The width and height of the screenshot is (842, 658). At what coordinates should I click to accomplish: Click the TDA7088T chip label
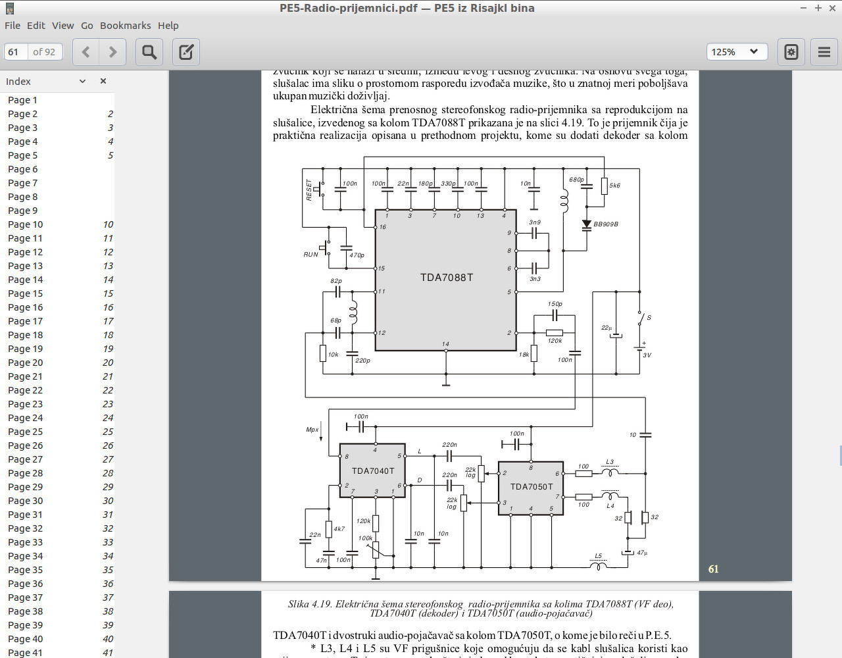click(447, 278)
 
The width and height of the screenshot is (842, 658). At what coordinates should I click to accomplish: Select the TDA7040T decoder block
click(372, 471)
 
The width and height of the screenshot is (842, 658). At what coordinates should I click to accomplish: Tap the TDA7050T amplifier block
click(531, 487)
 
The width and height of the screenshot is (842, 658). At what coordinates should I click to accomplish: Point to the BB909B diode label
click(606, 224)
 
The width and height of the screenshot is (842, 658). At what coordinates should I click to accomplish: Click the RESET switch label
click(309, 190)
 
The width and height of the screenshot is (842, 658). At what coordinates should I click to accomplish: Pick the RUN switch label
click(310, 255)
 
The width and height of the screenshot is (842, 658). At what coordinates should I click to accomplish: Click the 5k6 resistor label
click(614, 186)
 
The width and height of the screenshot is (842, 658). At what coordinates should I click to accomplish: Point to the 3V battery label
click(647, 355)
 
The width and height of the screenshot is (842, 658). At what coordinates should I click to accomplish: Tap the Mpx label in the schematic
click(312, 430)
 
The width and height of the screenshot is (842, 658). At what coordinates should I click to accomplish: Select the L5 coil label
click(598, 556)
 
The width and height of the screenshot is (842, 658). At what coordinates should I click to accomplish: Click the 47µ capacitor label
click(642, 553)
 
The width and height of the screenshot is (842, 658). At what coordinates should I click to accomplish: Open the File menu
click(12, 26)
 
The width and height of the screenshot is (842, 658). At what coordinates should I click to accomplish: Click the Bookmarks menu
click(125, 26)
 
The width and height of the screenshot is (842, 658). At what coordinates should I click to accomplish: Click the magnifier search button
click(149, 52)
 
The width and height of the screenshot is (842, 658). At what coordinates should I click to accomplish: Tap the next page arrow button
click(112, 52)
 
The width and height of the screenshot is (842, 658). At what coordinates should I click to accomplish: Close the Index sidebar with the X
click(103, 81)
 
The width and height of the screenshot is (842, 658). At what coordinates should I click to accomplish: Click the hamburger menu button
click(824, 52)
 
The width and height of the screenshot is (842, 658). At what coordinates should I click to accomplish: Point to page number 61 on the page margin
click(713, 569)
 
